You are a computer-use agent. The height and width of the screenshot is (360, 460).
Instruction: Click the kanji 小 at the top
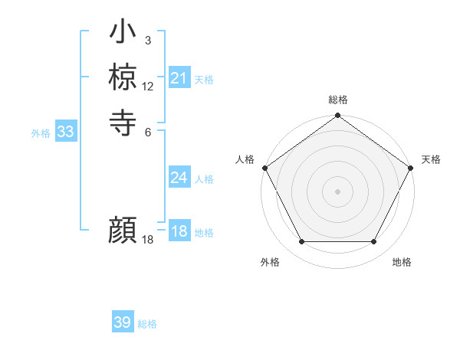click(x=123, y=33)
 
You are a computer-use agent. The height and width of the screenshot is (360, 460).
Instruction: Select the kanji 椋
click(x=123, y=77)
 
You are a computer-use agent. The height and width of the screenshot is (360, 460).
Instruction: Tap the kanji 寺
click(x=123, y=122)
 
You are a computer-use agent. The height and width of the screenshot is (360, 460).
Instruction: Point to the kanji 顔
click(x=123, y=230)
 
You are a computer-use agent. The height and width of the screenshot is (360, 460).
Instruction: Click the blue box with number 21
click(x=179, y=78)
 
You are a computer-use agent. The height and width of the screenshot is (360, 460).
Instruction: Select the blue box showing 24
click(x=179, y=178)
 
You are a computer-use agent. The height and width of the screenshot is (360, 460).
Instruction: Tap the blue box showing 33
click(x=65, y=132)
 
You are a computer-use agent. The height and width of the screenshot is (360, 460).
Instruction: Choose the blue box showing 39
click(x=122, y=322)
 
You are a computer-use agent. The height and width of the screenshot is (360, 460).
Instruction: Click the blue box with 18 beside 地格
click(x=179, y=231)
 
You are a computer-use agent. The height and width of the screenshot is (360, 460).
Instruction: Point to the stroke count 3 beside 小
click(x=148, y=40)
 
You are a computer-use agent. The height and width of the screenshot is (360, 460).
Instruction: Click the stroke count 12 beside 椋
click(x=148, y=86)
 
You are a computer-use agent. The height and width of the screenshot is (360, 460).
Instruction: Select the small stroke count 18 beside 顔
click(x=148, y=240)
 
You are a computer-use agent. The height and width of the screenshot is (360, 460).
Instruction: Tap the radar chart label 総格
click(x=337, y=100)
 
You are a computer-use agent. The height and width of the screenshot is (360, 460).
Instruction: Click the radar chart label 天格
click(x=431, y=159)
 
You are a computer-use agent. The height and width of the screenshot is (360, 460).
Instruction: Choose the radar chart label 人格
click(x=245, y=159)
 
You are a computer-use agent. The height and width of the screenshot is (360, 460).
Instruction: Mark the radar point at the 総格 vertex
click(x=337, y=116)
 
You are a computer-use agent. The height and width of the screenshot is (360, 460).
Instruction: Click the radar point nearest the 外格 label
click(x=301, y=242)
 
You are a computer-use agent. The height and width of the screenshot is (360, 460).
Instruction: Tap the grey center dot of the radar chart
click(x=337, y=191)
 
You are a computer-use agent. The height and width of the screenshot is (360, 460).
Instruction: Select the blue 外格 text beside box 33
click(x=41, y=133)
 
